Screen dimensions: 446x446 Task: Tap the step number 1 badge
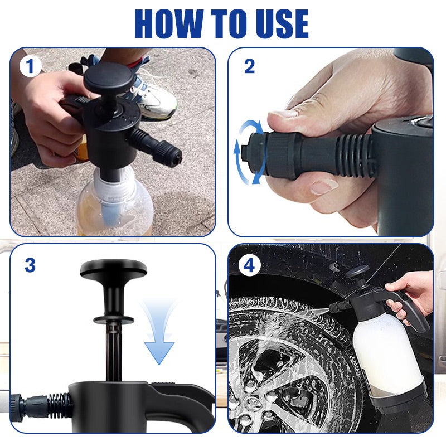(30, 67)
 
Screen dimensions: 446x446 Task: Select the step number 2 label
(249, 67)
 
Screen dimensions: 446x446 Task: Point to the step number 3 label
(30, 265)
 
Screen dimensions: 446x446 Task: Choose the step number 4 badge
(249, 266)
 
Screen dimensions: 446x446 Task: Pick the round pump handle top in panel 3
(113, 269)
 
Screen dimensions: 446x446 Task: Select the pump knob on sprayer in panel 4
(357, 272)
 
